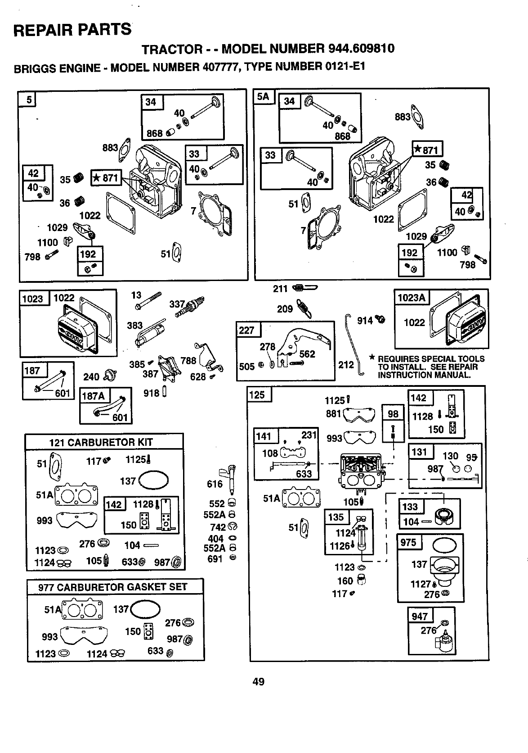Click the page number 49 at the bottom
258,682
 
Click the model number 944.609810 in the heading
362,48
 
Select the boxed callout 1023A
412,298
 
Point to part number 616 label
215,484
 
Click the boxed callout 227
246,330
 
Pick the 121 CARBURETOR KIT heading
101,442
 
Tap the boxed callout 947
419,616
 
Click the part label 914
365,321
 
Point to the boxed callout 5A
263,97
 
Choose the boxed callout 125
257,395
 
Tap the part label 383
134,325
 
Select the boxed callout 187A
92,396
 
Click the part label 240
91,376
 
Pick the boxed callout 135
336,517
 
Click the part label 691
215,559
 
